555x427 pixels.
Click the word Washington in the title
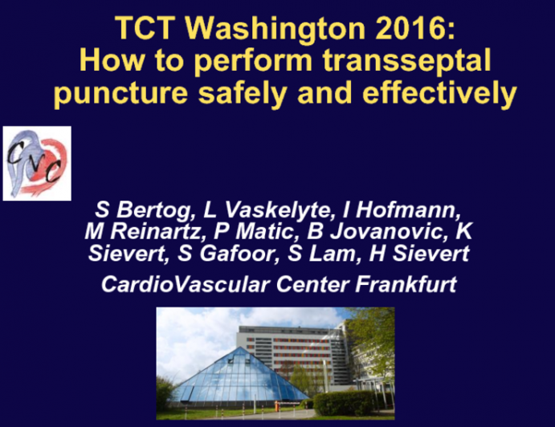click(258, 27)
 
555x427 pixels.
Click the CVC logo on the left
click(37, 163)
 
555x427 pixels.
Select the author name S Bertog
click(137, 211)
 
